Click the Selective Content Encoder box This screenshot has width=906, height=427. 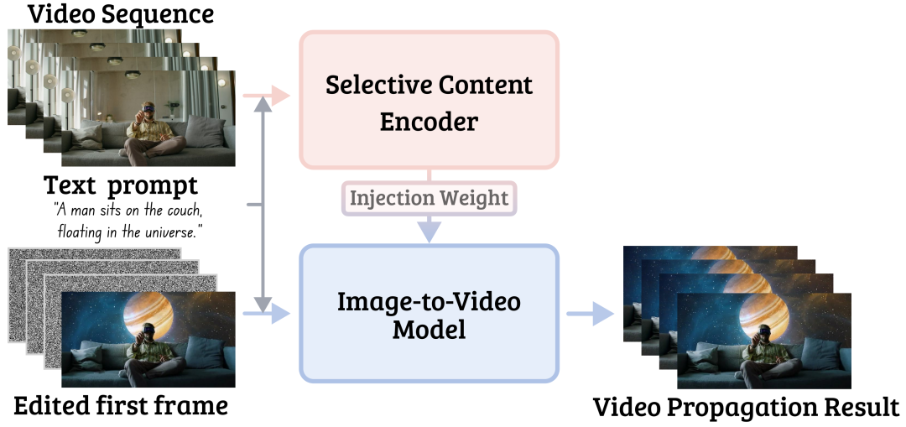click(429, 99)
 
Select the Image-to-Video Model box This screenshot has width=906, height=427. click(429, 314)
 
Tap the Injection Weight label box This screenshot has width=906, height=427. click(429, 198)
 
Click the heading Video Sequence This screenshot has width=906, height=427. click(121, 13)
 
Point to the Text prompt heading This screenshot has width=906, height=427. click(121, 185)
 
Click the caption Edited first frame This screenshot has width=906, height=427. click(120, 406)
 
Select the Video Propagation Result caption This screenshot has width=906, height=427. click(747, 408)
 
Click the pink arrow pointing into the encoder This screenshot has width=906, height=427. click(267, 96)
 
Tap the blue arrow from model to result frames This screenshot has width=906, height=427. click(590, 314)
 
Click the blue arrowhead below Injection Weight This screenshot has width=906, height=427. click(429, 231)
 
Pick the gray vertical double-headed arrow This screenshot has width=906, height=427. click(263, 204)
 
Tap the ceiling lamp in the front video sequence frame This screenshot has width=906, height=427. click(133, 74)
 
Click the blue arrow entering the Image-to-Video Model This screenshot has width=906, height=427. click(267, 313)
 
